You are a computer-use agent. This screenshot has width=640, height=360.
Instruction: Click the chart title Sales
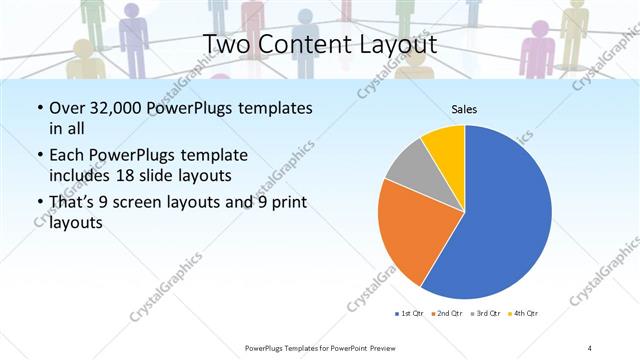[x=463, y=108]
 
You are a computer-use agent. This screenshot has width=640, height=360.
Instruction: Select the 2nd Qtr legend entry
[x=446, y=314]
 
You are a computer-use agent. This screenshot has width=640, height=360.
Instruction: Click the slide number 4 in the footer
[x=590, y=347]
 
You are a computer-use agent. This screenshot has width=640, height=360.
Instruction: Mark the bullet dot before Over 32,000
[x=39, y=108]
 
